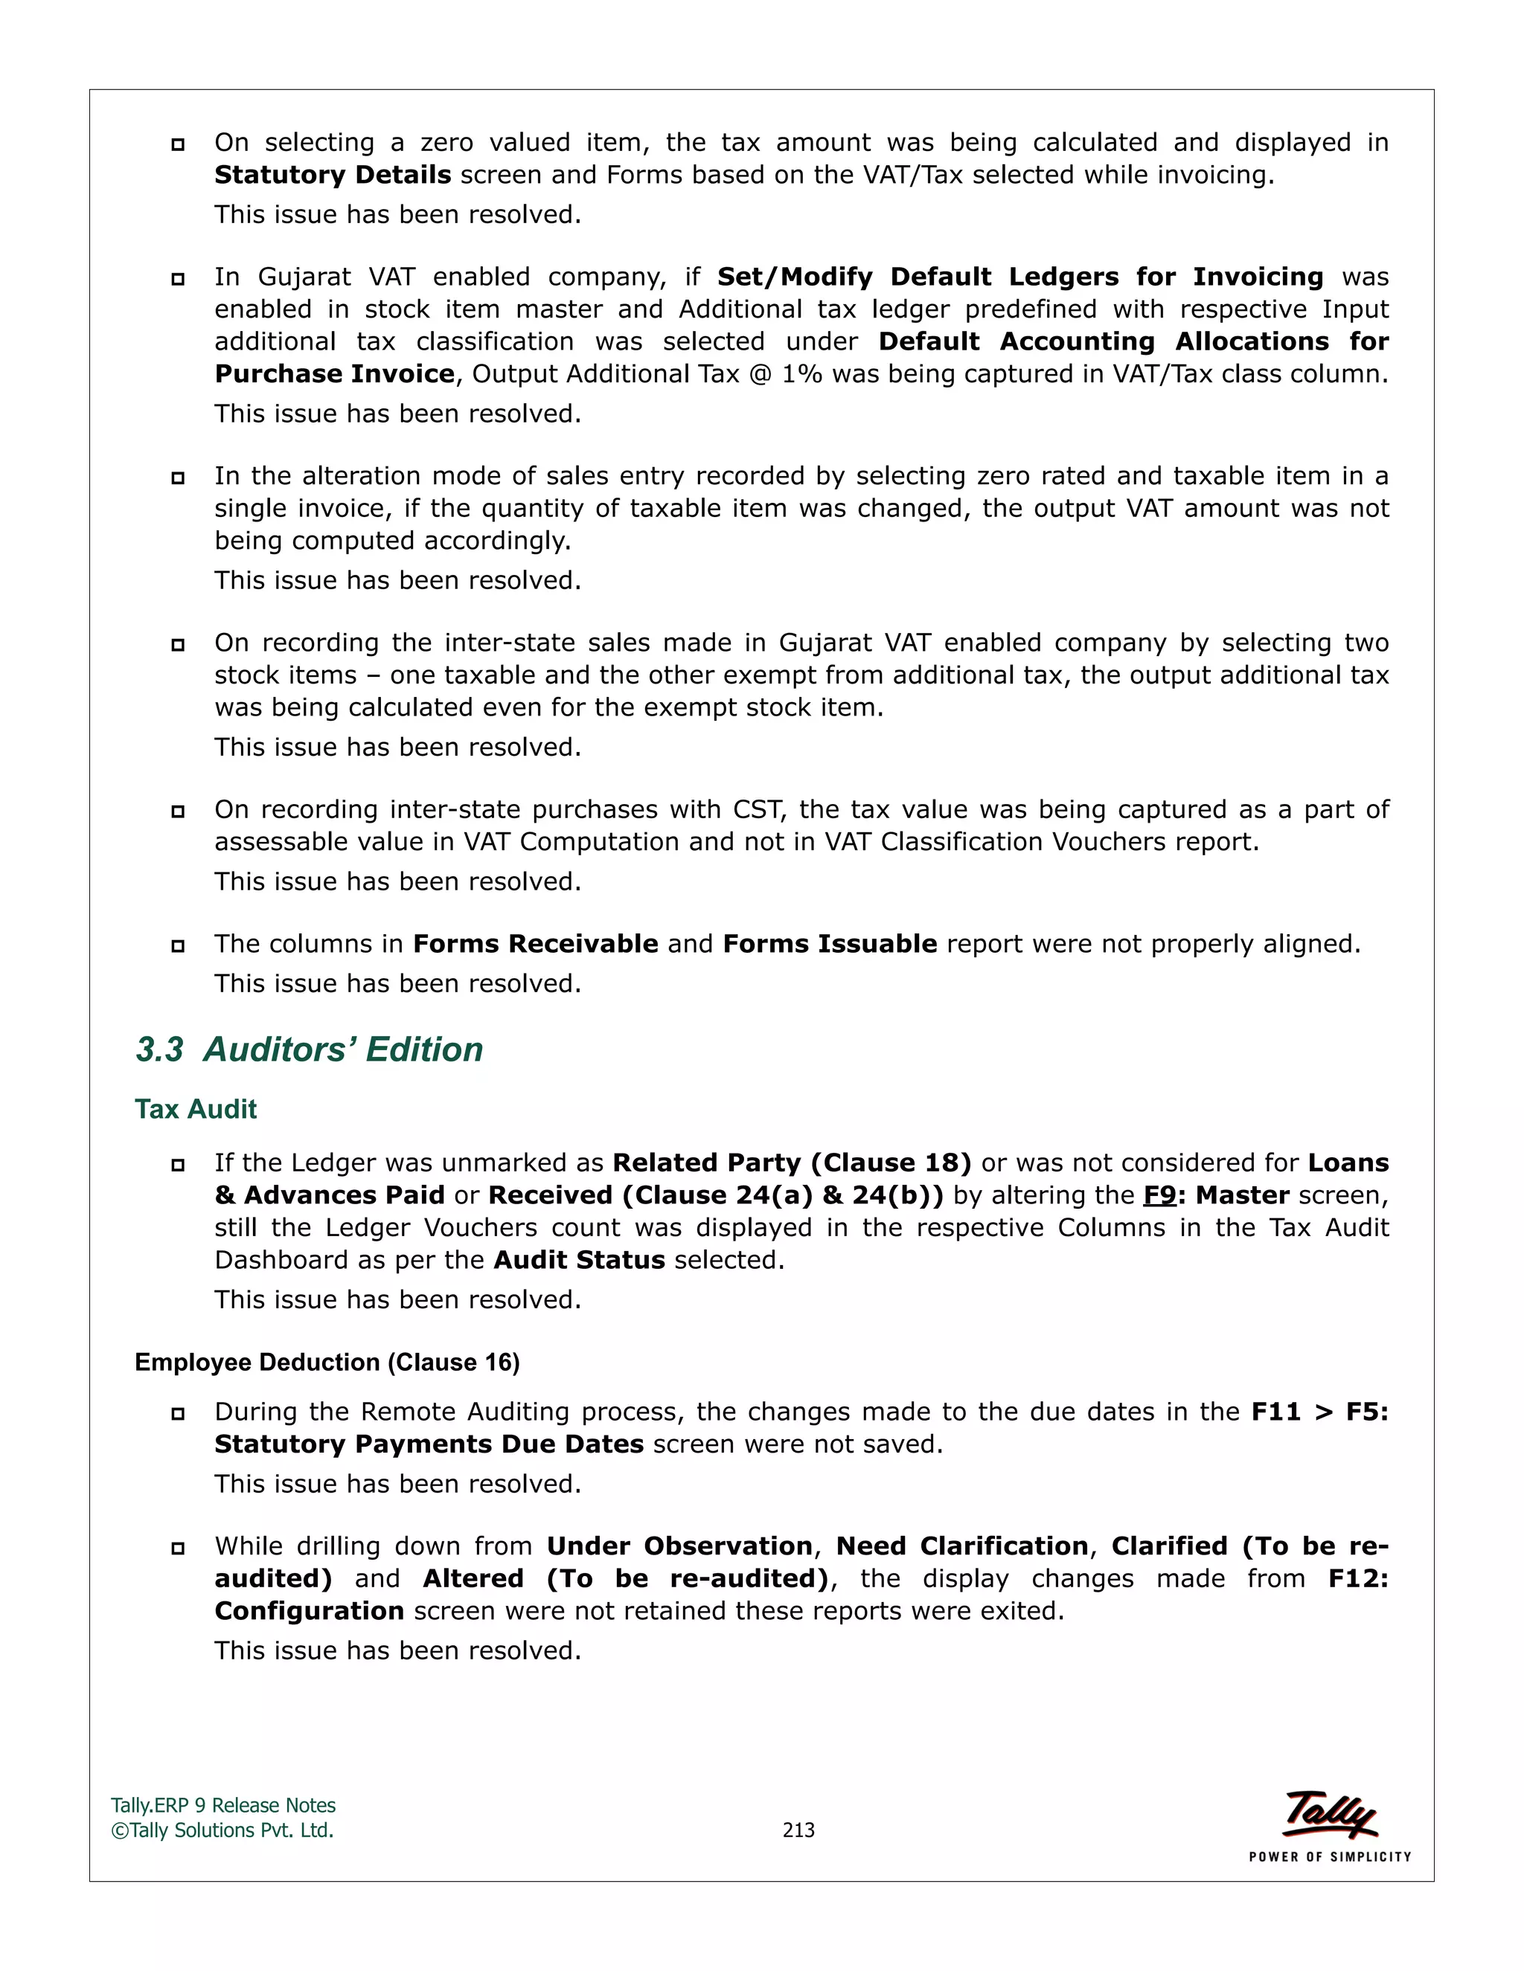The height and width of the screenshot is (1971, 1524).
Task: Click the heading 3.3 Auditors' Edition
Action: (309, 1049)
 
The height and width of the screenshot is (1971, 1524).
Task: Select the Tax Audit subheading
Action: (195, 1109)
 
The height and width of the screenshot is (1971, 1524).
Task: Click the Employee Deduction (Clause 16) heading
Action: (327, 1362)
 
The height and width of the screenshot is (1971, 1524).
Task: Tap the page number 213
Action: (798, 1830)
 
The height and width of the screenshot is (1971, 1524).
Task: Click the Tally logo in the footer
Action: (1330, 1814)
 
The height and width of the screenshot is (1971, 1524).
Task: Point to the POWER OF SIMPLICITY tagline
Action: (1329, 1856)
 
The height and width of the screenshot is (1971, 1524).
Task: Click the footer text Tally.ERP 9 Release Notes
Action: (223, 1805)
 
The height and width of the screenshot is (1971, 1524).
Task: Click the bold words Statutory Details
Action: (332, 175)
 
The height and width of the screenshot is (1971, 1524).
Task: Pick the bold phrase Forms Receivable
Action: (535, 944)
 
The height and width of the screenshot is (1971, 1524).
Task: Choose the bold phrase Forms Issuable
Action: (830, 944)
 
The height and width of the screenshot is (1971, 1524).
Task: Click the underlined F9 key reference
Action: (1159, 1195)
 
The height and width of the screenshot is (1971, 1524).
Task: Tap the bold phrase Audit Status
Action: (579, 1260)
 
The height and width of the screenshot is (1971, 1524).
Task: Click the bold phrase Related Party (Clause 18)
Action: (792, 1163)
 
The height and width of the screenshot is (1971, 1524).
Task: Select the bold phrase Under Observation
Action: (680, 1546)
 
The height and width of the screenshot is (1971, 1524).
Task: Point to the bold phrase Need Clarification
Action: (961, 1546)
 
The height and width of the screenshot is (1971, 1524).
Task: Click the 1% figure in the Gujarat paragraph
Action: (801, 373)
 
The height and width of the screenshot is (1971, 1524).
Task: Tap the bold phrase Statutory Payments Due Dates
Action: (429, 1444)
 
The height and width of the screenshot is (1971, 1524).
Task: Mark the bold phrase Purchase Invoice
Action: (334, 373)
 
